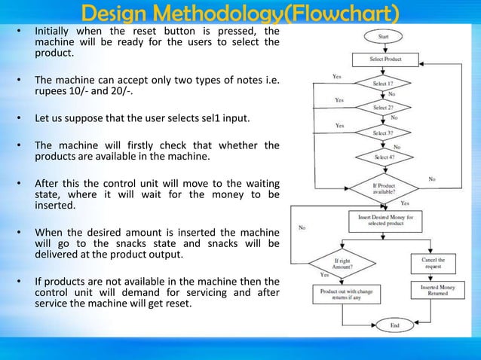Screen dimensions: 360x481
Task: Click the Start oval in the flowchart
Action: click(x=384, y=35)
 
